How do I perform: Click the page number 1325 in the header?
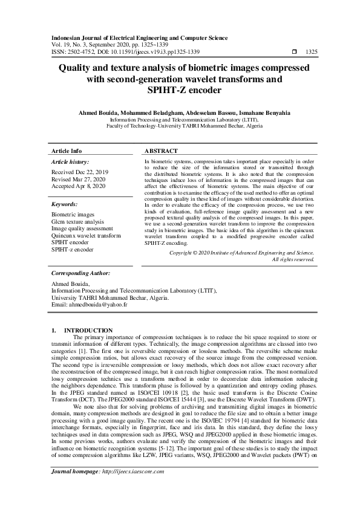point(312,52)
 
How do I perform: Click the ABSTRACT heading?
point(162,151)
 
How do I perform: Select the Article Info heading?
point(67,151)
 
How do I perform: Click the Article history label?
point(70,162)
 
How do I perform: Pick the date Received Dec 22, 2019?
point(80,172)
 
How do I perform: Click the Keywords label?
point(65,204)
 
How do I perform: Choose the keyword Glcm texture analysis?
point(77,222)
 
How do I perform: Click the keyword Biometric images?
point(73,215)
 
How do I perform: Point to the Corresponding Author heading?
point(81,273)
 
